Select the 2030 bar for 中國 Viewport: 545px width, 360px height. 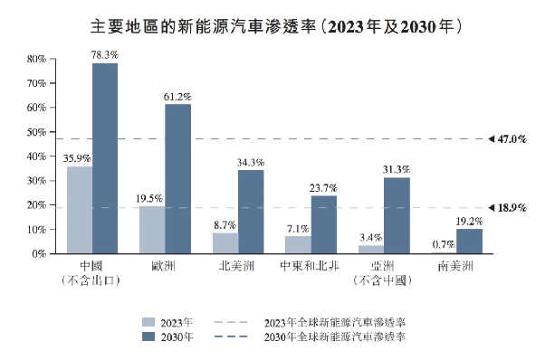coord(105,158)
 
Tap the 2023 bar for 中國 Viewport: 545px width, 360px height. coord(80,210)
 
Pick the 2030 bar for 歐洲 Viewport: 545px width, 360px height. coord(177,179)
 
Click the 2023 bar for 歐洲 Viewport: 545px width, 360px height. coord(152,230)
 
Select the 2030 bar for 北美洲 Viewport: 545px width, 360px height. coord(251,212)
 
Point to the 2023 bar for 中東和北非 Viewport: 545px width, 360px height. coord(298,245)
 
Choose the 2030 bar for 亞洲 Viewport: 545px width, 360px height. coord(397,215)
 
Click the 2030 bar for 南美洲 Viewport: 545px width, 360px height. coord(469,242)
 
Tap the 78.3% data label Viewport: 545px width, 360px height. coord(105,55)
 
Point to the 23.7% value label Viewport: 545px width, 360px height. coord(323,188)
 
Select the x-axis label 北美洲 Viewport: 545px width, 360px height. coord(238,267)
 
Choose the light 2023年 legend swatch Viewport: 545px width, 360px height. coord(148,321)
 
